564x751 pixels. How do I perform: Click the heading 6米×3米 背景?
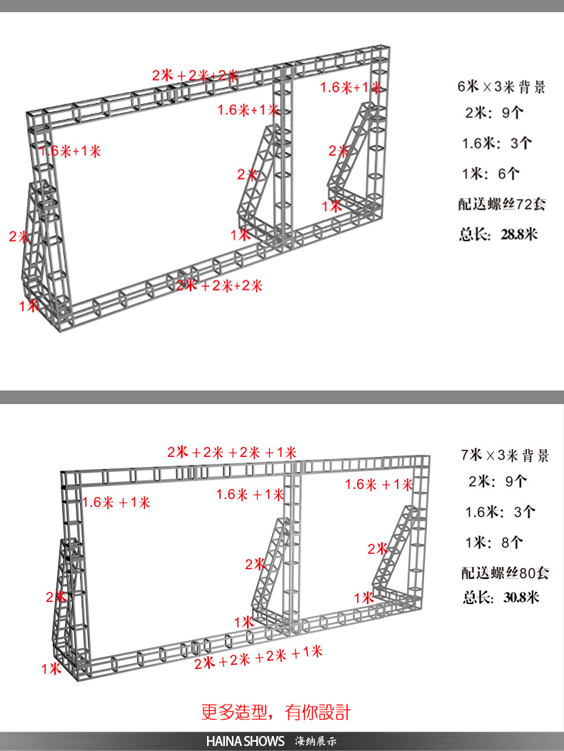pyautogui.click(x=502, y=87)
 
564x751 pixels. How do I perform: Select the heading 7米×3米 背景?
pyautogui.click(x=505, y=455)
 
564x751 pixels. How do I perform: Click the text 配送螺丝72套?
pyautogui.click(x=502, y=203)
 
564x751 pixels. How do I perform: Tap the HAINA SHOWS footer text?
pyautogui.click(x=245, y=741)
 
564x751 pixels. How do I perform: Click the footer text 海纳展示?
pyautogui.click(x=316, y=741)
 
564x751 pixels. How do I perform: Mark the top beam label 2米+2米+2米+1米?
pyautogui.click(x=232, y=452)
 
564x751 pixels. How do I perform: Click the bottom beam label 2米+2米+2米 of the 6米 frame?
pyautogui.click(x=219, y=286)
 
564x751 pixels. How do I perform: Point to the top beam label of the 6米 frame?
pyautogui.click(x=195, y=75)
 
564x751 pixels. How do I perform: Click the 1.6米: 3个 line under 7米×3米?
pyautogui.click(x=499, y=512)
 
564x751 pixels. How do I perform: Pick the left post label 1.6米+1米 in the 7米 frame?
pyautogui.click(x=116, y=502)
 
